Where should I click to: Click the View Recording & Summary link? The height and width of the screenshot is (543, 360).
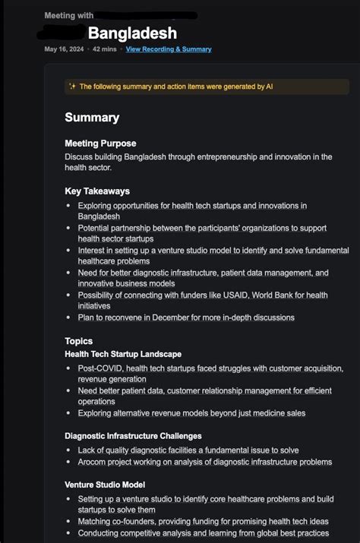point(169,49)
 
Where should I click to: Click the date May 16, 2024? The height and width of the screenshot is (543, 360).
point(63,49)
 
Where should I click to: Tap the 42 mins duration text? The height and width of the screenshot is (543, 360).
point(105,49)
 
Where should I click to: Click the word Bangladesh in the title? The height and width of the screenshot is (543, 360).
point(132,33)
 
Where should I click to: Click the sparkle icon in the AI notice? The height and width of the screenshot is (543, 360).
point(72,87)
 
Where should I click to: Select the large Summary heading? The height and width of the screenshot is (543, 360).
point(92,117)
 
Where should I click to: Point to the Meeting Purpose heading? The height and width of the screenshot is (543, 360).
point(100,144)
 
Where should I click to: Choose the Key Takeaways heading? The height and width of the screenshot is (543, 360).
point(97,191)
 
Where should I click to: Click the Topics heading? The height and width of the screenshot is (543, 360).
point(79,342)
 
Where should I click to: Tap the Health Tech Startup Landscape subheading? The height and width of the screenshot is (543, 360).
point(123,354)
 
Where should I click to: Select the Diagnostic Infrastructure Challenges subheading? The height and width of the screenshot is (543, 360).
point(133,436)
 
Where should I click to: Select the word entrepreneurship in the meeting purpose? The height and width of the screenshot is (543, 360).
point(215,156)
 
